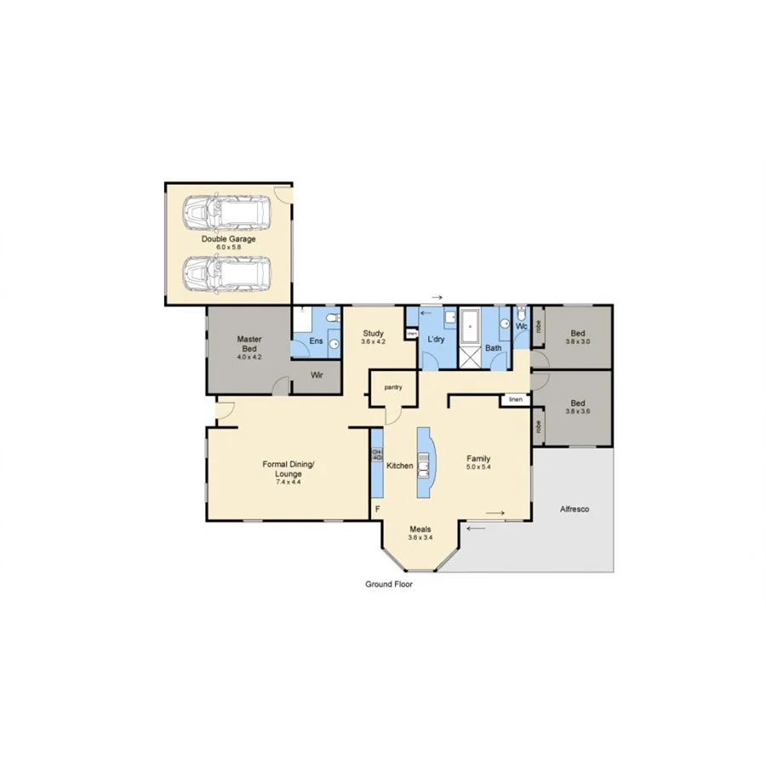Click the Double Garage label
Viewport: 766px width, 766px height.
click(228, 239)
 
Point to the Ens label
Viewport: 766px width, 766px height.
click(316, 341)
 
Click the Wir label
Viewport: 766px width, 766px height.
click(316, 374)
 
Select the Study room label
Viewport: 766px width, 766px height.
click(374, 333)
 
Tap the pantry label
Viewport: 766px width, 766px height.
click(392, 387)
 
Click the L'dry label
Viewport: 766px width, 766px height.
click(436, 340)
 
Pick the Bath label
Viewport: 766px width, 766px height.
click(493, 348)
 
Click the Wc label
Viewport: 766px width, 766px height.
click(522, 325)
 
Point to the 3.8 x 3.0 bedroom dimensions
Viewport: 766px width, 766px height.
click(578, 341)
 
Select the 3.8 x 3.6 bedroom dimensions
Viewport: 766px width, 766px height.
click(578, 412)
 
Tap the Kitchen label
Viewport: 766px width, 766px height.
click(399, 466)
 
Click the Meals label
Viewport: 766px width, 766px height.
click(420, 529)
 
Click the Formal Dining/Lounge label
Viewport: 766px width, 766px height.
click(289, 465)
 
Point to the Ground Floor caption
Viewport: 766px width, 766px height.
click(389, 585)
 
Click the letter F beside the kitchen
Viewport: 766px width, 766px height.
click(377, 509)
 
